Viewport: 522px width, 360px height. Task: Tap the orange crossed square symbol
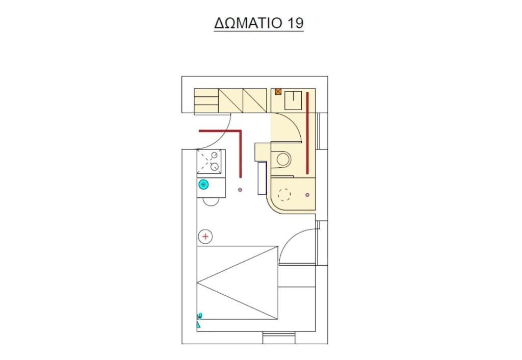coord(278,92)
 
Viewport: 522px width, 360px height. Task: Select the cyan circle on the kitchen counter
coord(203,184)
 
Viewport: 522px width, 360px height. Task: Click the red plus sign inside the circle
coord(205,237)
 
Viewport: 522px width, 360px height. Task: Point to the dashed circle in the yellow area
coord(284,194)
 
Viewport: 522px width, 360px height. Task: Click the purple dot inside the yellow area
coord(307,195)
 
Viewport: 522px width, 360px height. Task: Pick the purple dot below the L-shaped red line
coord(240,190)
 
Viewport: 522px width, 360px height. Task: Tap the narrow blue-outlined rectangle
coord(262,178)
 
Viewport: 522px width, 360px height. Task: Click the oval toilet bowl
coord(283,159)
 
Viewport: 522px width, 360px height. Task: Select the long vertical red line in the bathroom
coord(307,133)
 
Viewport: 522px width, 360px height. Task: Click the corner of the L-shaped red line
coord(241,131)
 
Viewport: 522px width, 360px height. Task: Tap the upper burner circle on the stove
coord(215,155)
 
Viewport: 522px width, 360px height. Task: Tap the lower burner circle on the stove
coord(215,167)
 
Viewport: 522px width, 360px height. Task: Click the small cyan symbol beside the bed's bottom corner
coord(199,320)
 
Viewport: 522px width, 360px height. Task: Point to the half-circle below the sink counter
coord(211,202)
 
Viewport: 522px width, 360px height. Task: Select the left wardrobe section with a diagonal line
coord(231,100)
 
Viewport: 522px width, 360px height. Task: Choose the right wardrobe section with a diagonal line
coord(255,100)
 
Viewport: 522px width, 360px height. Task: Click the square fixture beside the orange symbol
coord(293,100)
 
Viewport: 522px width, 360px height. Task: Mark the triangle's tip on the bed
coord(197,282)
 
